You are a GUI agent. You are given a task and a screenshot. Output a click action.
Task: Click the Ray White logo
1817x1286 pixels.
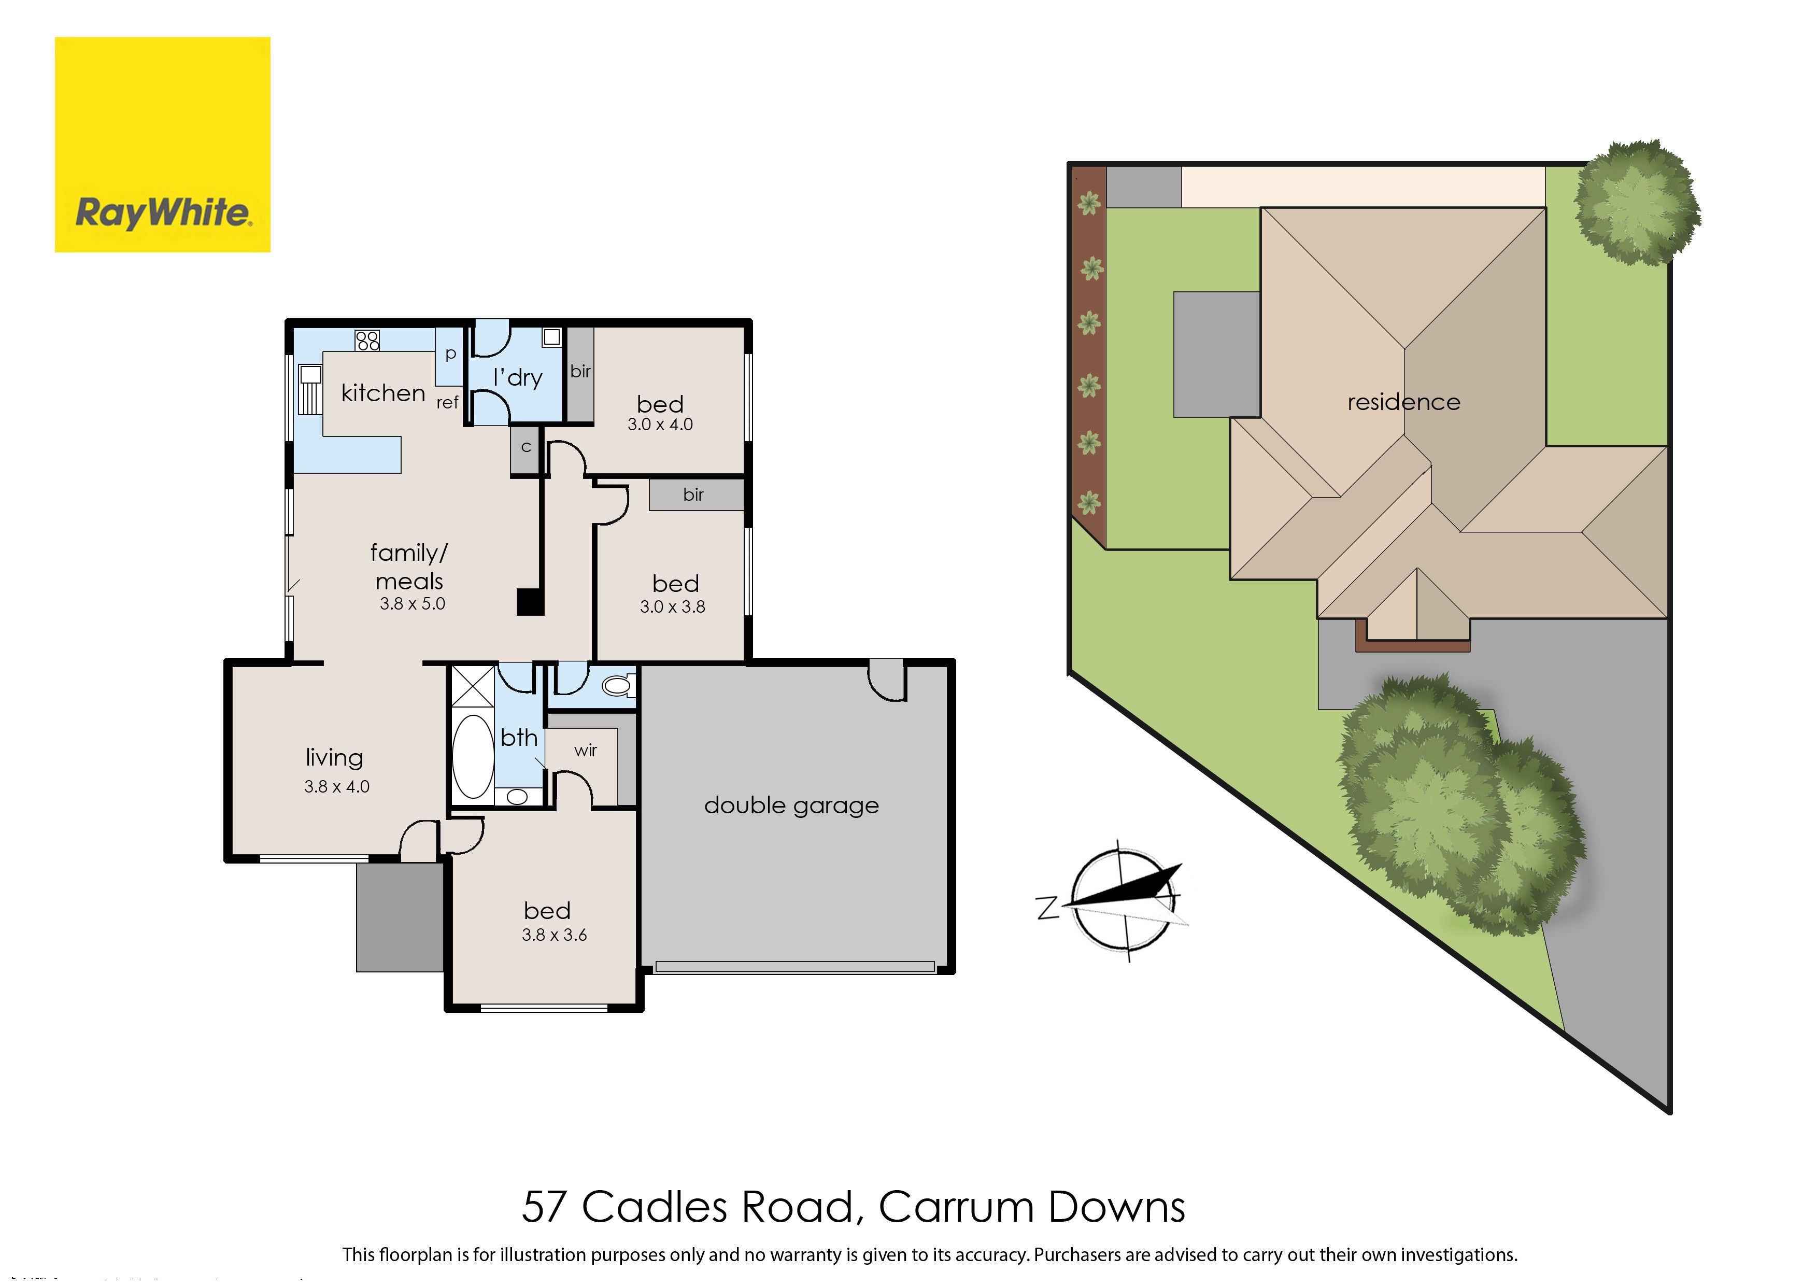point(162,145)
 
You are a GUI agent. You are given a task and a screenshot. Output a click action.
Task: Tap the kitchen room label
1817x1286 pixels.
point(383,393)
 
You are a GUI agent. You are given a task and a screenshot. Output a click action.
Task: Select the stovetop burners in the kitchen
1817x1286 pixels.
point(367,341)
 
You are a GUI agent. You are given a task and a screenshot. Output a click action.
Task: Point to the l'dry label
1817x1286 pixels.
point(518,378)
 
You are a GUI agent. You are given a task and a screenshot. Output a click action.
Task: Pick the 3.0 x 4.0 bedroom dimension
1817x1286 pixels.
point(660,425)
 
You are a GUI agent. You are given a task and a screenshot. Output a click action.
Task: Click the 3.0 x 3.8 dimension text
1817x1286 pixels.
point(672,606)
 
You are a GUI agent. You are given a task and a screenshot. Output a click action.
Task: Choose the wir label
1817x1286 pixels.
point(586,750)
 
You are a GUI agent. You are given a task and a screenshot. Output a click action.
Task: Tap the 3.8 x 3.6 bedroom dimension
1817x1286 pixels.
point(554,935)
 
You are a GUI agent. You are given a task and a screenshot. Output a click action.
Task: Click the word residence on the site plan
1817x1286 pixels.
point(1404,402)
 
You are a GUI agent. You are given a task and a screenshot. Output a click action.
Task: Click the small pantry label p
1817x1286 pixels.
point(450,354)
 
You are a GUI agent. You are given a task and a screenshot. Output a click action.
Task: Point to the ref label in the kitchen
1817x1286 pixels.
point(447,402)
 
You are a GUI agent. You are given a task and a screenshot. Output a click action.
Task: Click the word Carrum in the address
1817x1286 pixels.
point(955,1207)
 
